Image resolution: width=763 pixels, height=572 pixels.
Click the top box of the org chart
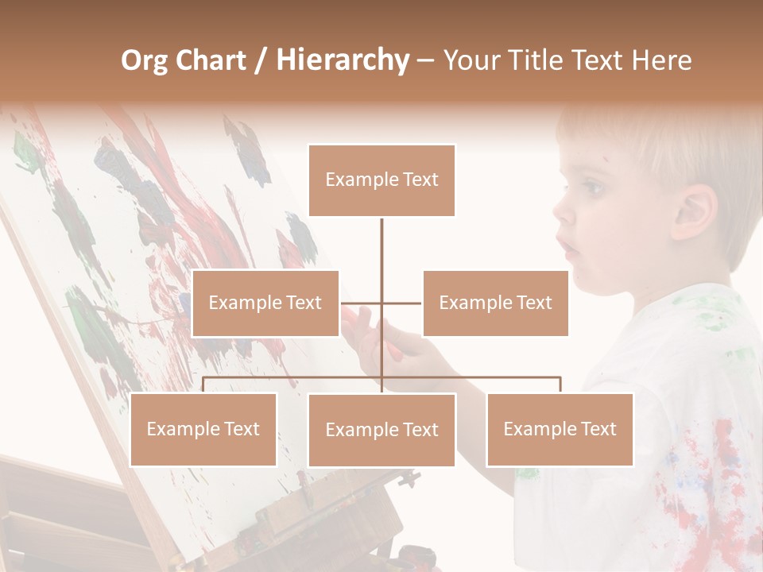click(381, 180)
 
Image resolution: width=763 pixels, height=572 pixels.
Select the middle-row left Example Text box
click(265, 303)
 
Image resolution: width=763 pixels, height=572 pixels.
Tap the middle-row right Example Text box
click(495, 303)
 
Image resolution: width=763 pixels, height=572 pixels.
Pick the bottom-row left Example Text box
click(203, 429)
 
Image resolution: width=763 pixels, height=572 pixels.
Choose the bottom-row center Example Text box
click(381, 430)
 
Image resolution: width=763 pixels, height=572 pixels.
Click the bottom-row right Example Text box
click(560, 429)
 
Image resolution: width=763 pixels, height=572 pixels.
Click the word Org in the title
click(144, 60)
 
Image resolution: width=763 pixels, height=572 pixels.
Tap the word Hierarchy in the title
click(342, 60)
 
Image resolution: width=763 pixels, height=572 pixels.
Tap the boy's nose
click(563, 211)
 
